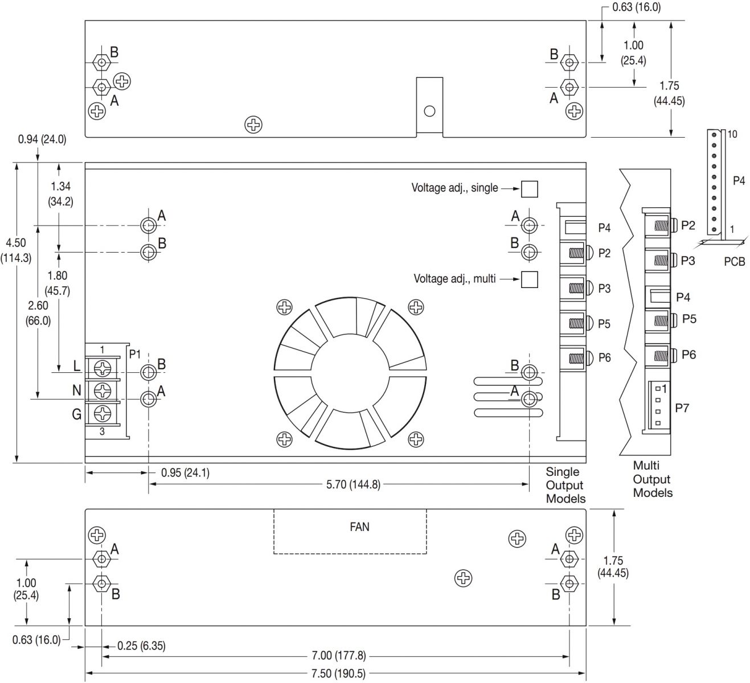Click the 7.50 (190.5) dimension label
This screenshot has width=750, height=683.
pos(338,673)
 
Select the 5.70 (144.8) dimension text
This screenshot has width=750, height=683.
pos(353,485)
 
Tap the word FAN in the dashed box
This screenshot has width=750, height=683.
pos(359,527)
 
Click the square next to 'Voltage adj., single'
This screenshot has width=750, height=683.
pos(530,189)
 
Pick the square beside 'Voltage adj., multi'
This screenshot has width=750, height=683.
pos(530,279)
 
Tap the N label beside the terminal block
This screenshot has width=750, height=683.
pos(76,390)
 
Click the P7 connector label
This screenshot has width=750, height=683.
pos(682,408)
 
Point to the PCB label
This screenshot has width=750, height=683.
pos(734,262)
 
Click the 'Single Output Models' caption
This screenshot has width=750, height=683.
pos(565,485)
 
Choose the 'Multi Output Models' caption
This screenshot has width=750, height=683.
pos(652,479)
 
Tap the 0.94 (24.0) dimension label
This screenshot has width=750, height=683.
pos(42,139)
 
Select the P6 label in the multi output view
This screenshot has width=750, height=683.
pos(688,355)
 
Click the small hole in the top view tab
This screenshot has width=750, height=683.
pos(429,111)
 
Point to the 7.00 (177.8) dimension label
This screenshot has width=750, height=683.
pos(338,656)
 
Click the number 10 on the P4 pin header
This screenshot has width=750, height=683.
pos(732,134)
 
